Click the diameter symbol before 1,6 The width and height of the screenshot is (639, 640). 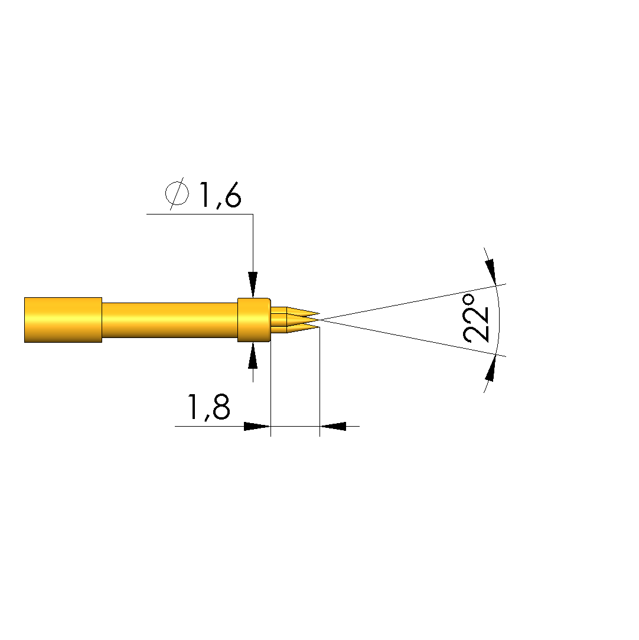(x=177, y=193)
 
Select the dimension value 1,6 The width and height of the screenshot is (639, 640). (x=220, y=196)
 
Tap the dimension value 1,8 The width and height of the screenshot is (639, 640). (x=208, y=407)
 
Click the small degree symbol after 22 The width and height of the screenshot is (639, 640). (x=469, y=300)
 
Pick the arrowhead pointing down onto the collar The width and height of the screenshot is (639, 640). (x=253, y=284)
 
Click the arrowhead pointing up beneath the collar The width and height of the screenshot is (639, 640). (x=253, y=356)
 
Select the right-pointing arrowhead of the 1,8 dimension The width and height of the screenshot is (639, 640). (x=257, y=426)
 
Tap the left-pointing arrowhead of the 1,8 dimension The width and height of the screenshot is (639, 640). (x=332, y=426)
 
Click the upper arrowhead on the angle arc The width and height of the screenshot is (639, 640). (x=491, y=271)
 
